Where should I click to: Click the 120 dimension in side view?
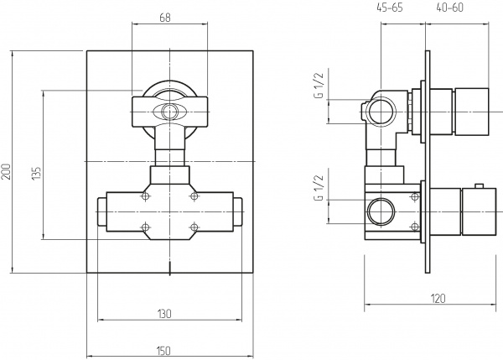(437, 297)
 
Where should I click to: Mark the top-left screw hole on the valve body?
(147, 196)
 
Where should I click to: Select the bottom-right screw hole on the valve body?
(194, 226)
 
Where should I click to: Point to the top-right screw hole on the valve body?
(194, 196)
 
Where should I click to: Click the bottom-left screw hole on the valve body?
(147, 226)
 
